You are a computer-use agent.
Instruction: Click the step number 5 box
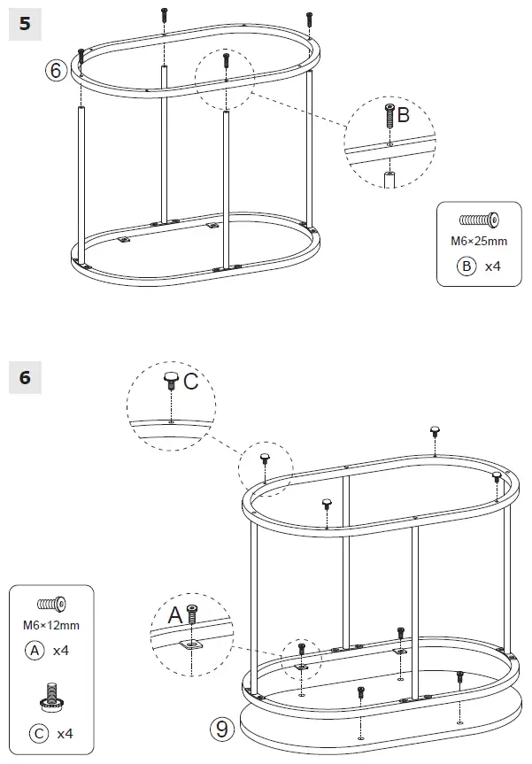[x=25, y=24]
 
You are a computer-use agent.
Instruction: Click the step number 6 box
[x=25, y=378]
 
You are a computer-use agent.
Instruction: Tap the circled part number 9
[x=221, y=729]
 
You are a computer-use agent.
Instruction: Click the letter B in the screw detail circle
[x=404, y=115]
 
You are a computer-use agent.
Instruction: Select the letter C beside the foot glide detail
[x=190, y=382]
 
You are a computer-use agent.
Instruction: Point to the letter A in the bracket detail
[x=174, y=614]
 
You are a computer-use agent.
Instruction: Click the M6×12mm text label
[x=50, y=625]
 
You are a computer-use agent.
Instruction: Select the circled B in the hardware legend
[x=466, y=265]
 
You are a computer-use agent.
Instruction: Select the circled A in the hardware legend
[x=34, y=650]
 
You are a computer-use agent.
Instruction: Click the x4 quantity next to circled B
[x=493, y=265]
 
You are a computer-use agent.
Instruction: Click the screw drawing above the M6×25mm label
[x=479, y=220]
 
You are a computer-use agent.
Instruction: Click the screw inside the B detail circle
[x=389, y=118]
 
